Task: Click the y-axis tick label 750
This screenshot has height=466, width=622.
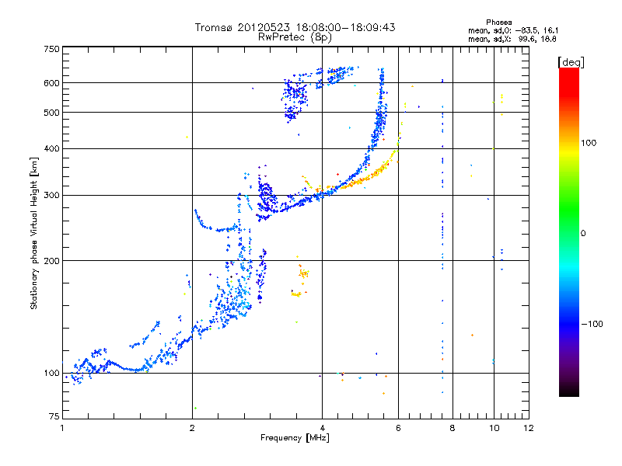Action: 51,49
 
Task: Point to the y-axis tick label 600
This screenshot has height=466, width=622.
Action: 51,83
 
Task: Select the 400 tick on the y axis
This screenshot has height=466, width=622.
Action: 51,148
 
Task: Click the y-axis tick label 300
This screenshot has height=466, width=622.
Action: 51,195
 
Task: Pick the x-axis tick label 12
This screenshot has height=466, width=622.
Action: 529,428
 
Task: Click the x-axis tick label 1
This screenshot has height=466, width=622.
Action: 62,428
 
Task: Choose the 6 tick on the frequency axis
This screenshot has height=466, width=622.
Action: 399,428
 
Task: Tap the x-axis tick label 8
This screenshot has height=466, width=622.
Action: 453,428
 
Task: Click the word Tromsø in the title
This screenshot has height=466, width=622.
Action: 215,27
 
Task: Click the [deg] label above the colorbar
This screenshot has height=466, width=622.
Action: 571,61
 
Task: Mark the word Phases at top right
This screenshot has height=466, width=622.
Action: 498,23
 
